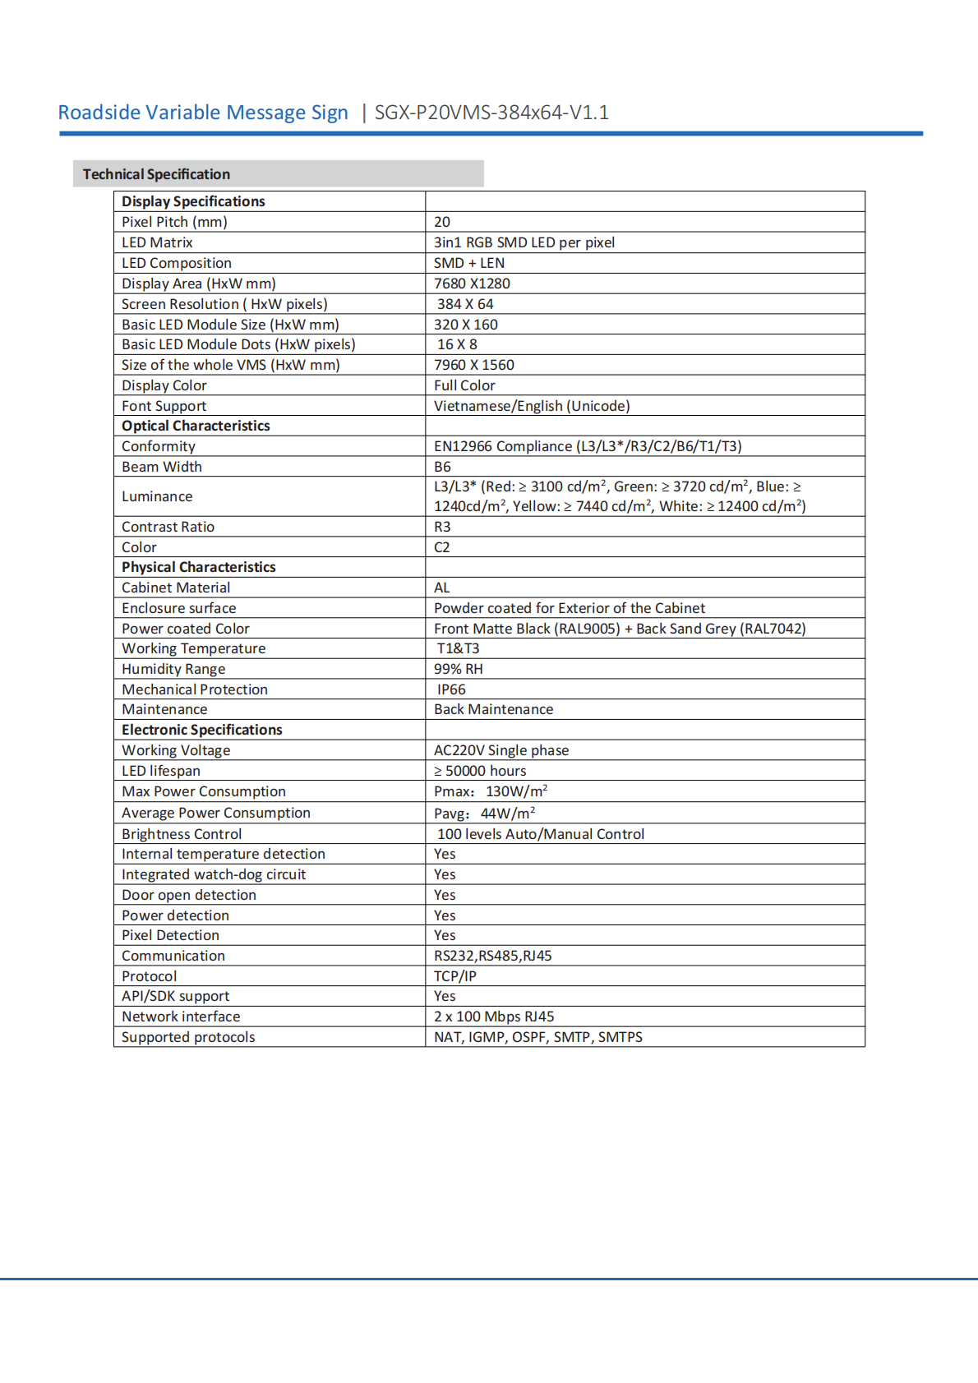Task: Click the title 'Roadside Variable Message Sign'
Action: tap(203, 113)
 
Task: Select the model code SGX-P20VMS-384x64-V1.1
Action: tap(491, 113)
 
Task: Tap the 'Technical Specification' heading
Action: tap(156, 174)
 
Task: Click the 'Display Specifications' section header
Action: tap(193, 201)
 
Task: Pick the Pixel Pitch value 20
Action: tap(442, 222)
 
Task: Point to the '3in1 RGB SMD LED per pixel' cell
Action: tap(524, 242)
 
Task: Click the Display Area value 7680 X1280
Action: tap(472, 284)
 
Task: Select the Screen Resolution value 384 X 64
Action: tap(465, 304)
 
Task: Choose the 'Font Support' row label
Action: tap(164, 406)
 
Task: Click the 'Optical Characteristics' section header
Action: tap(196, 426)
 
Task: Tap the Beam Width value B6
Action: tap(442, 467)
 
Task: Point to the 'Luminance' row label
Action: tap(157, 496)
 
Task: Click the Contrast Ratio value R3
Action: tap(442, 527)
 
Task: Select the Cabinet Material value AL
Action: tap(441, 588)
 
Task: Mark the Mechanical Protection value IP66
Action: tap(451, 689)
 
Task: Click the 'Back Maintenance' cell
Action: tap(493, 709)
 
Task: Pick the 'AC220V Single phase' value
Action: tap(501, 750)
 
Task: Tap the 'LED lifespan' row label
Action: tap(161, 771)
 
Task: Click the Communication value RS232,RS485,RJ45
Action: tap(493, 956)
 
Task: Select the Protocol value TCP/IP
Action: tap(455, 976)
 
